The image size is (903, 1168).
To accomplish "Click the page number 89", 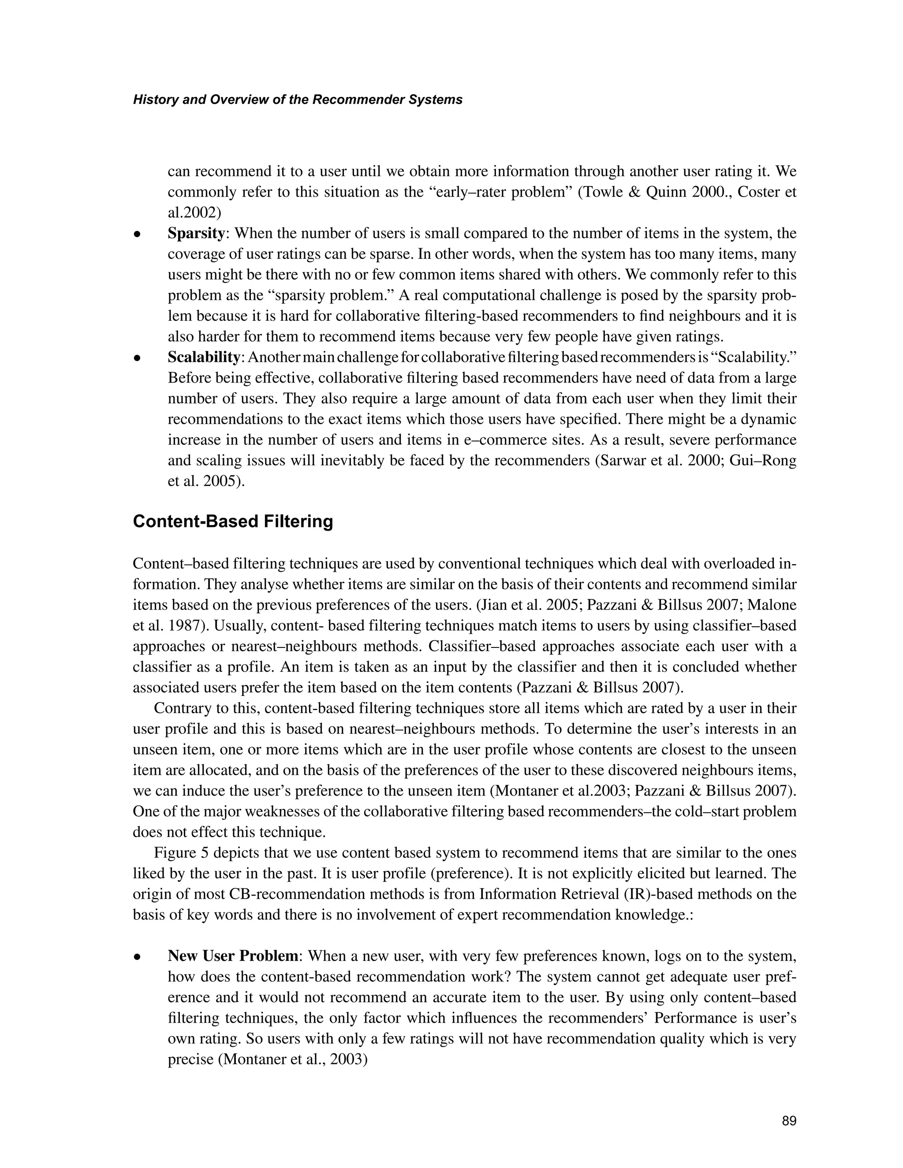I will pyautogui.click(x=788, y=1121).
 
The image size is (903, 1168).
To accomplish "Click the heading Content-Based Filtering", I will pyautogui.click(x=233, y=521).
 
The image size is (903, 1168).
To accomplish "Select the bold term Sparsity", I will pyautogui.click(x=196, y=234).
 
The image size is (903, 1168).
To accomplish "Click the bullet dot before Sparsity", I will pyautogui.click(x=138, y=234).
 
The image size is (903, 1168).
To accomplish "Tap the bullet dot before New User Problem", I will pyautogui.click(x=138, y=957).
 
